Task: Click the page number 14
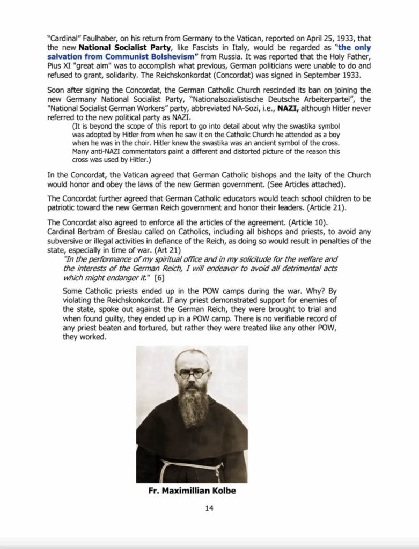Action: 209,508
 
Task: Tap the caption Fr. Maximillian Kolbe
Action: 192,491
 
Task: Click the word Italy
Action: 210,48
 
